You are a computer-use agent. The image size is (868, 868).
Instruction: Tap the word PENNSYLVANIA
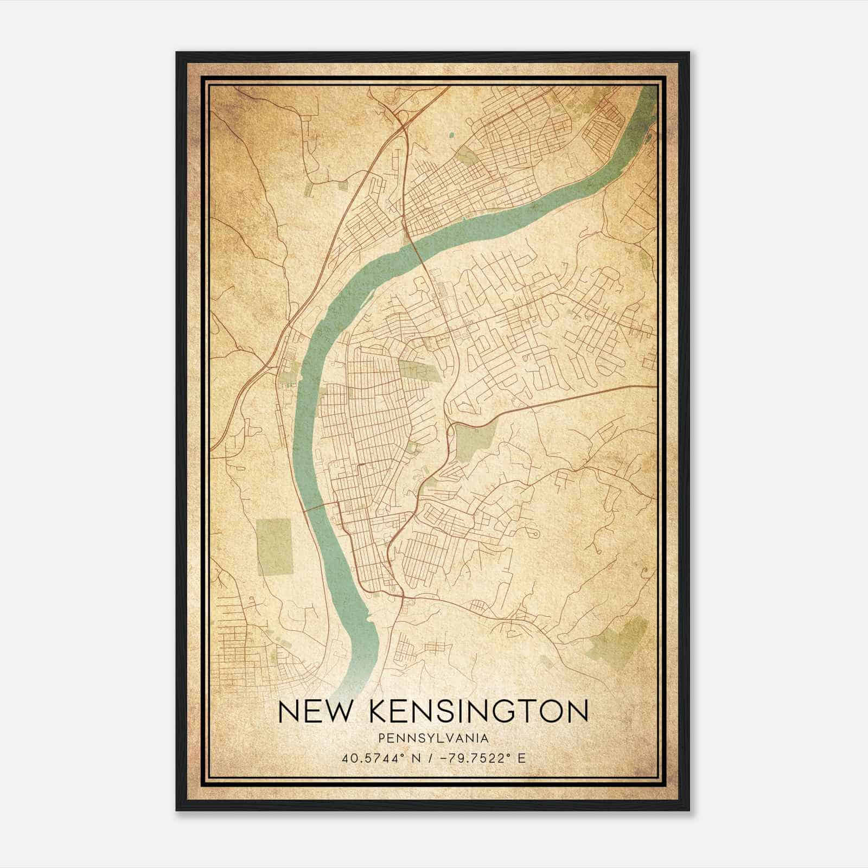pos(433,738)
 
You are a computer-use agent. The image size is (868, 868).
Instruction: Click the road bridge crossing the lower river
pos(320,507)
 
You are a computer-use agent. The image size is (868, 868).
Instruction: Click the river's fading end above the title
pos(347,686)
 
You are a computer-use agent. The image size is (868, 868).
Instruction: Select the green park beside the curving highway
pos(475,442)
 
